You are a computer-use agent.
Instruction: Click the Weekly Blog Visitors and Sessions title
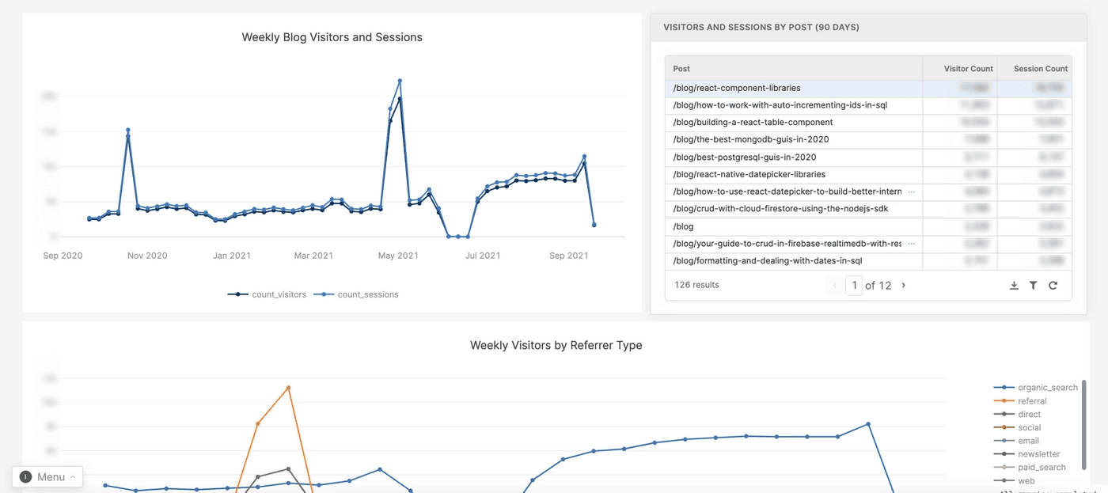[332, 37]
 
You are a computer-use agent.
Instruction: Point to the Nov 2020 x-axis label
[146, 256]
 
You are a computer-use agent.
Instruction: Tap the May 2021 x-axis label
[397, 256]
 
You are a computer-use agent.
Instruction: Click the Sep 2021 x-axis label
[568, 256]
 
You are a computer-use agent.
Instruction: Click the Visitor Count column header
[968, 69]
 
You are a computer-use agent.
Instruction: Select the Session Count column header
[1040, 69]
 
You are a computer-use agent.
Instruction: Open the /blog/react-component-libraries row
[737, 88]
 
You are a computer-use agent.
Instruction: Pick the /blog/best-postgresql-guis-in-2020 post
[744, 157]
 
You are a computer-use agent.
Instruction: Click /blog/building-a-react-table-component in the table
[753, 123]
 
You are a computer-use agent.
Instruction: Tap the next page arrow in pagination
[904, 285]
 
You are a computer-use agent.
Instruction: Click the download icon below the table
[1014, 286]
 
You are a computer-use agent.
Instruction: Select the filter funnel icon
[1033, 286]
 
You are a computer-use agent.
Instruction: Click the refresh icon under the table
[1053, 286]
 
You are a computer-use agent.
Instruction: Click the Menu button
[48, 476]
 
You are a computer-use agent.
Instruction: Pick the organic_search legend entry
[1047, 388]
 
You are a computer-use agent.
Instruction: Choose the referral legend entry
[1032, 401]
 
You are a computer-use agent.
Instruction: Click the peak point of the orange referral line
[288, 388]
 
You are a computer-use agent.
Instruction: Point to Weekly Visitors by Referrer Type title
[556, 345]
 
